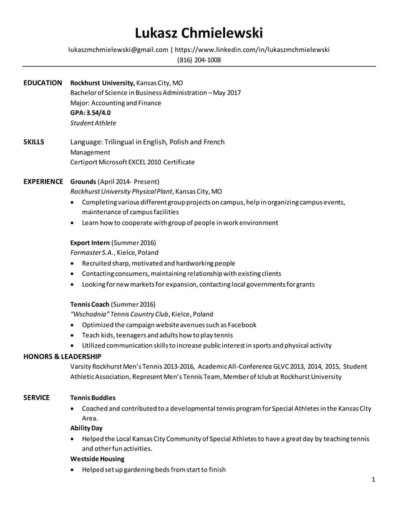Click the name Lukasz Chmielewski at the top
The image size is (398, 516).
[199, 32]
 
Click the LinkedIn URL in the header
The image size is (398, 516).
[252, 49]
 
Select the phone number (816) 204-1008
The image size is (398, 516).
[199, 60]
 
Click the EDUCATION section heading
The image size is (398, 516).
[42, 82]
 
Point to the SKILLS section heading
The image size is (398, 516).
[34, 142]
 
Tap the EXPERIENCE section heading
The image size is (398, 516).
[43, 181]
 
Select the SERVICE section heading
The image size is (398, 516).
[37, 397]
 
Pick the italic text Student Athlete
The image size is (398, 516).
[93, 123]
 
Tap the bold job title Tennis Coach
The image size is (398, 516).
[90, 304]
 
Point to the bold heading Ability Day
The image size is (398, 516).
[87, 428]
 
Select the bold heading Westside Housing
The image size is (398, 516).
[97, 459]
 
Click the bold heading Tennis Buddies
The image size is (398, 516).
[92, 397]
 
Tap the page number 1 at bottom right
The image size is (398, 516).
[372, 480]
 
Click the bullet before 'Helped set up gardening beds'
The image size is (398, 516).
[75, 469]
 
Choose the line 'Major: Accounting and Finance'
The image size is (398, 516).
[115, 103]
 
